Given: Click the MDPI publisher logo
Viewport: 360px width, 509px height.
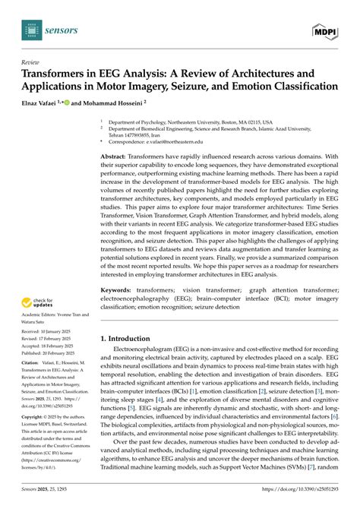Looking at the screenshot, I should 327,30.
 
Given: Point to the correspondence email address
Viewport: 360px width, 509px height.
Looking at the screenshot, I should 182,141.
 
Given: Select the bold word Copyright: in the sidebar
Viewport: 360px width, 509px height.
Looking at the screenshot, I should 36,417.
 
